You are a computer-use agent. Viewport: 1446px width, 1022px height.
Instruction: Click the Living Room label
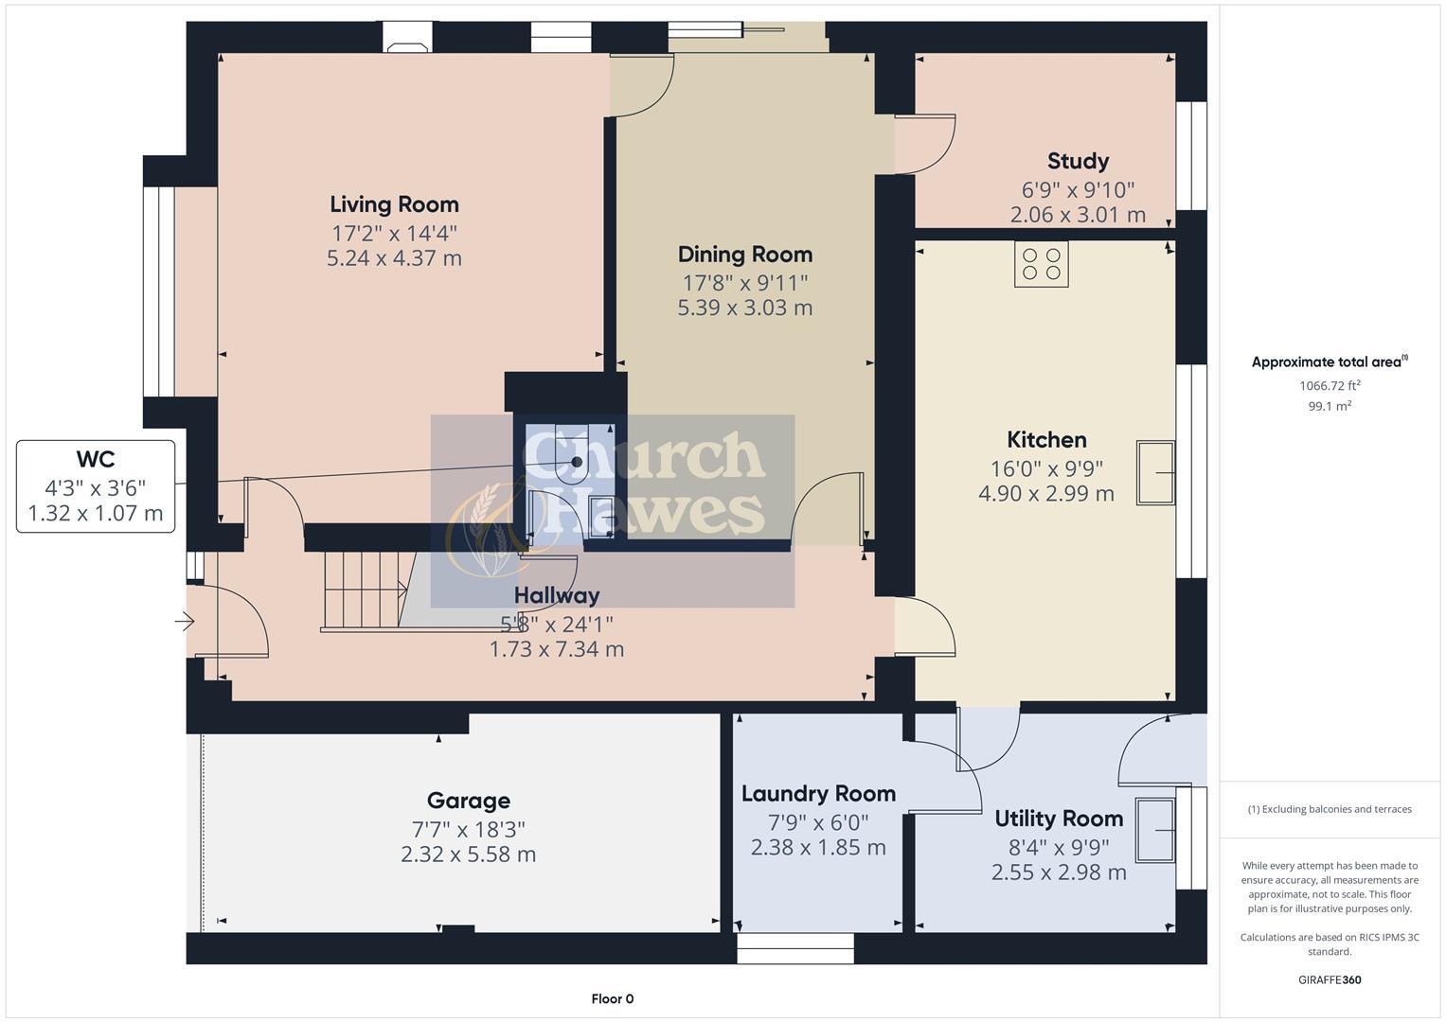point(394,204)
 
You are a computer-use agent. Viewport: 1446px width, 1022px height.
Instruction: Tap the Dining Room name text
point(744,255)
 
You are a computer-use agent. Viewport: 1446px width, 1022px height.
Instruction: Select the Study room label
point(1078,161)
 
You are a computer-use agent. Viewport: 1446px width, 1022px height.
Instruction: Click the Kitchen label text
point(1046,440)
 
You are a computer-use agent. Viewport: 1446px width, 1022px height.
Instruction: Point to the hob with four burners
point(1042,263)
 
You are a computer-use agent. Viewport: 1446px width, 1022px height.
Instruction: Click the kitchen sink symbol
point(1155,472)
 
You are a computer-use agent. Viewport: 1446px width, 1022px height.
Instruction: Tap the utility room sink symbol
point(1155,830)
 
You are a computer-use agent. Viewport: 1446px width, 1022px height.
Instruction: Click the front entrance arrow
point(184,622)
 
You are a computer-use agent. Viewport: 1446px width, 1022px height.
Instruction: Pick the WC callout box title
point(96,460)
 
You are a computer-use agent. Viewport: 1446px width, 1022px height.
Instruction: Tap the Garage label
point(468,802)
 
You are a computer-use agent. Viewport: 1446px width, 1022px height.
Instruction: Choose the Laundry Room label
point(818,794)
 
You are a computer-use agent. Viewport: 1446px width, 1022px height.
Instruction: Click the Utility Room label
point(1059,819)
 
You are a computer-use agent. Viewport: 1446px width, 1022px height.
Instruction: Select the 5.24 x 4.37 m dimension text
point(394,258)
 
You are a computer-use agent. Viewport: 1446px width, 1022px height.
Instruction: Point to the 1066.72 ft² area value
point(1330,386)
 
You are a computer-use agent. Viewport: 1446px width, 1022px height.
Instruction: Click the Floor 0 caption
point(612,999)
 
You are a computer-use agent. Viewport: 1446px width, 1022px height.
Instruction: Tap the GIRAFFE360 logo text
point(1330,980)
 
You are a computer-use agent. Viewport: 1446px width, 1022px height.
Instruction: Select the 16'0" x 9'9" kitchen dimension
point(1046,468)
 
